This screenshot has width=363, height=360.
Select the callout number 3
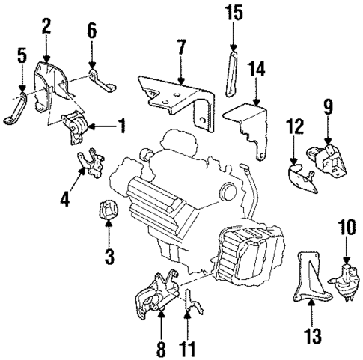point(109,258)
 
